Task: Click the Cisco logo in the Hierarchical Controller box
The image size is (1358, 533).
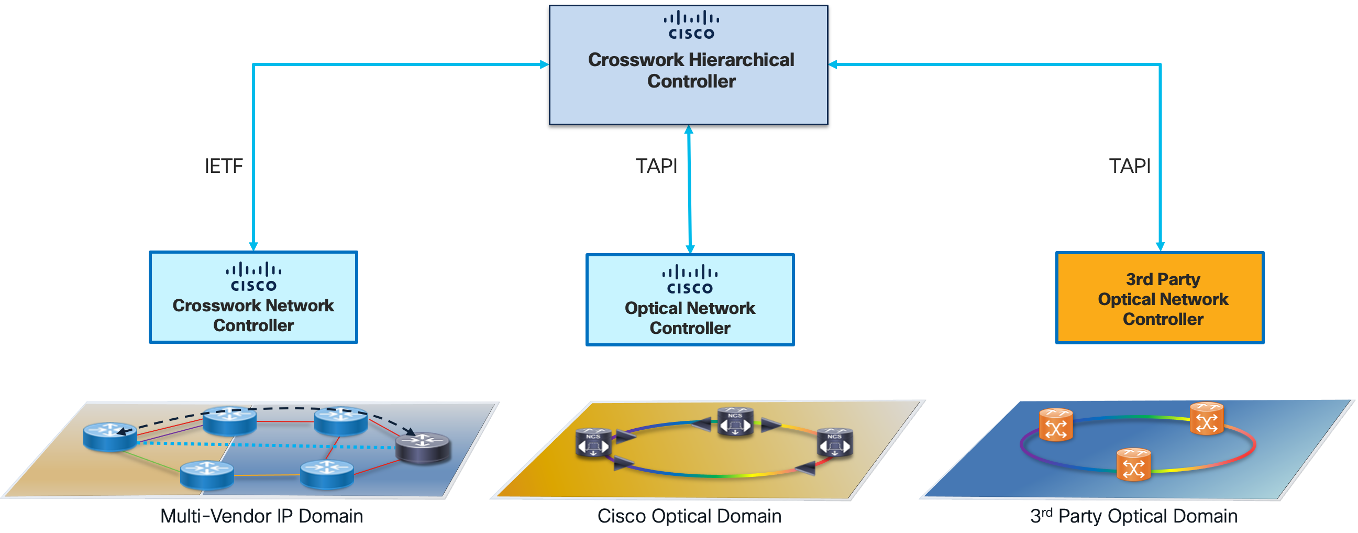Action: pos(691,25)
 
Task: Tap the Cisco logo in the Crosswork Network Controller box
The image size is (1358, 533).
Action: pos(253,277)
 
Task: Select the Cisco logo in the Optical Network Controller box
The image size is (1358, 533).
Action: pos(690,280)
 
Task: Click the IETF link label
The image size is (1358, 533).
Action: pos(224,166)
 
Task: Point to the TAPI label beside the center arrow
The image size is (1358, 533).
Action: pos(656,166)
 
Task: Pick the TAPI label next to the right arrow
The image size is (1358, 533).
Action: pos(1130,166)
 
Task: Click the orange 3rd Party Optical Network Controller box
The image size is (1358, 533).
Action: pos(1160,298)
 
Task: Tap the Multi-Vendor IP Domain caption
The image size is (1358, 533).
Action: pos(261,516)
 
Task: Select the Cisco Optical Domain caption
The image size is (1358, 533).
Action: pos(689,516)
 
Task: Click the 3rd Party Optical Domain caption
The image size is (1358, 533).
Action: pos(1134,516)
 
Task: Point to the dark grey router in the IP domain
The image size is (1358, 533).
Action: pos(423,448)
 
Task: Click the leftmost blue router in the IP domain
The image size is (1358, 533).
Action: pos(110,437)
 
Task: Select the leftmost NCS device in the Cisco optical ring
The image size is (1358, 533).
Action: pos(593,443)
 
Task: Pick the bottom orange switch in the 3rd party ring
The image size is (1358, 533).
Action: pos(1133,464)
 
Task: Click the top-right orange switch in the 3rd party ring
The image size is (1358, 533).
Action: pos(1207,418)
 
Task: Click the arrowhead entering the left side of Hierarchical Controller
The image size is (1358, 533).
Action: pos(545,64)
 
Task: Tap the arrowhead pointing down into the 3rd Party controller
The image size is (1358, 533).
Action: pos(1160,246)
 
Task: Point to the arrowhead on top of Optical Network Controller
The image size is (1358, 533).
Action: pos(690,249)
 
